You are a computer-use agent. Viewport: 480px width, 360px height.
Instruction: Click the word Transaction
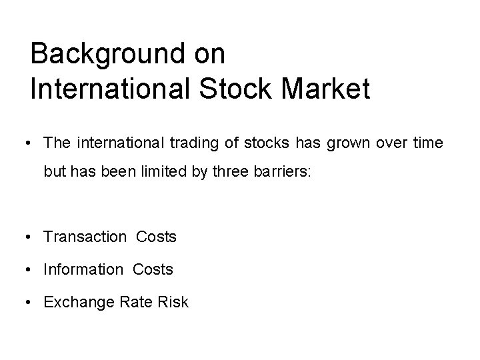coord(85,237)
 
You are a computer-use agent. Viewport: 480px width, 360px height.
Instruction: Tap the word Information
coord(83,269)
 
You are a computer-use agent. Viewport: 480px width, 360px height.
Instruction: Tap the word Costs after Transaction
coord(157,237)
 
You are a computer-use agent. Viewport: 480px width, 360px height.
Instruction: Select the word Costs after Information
coord(153,269)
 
